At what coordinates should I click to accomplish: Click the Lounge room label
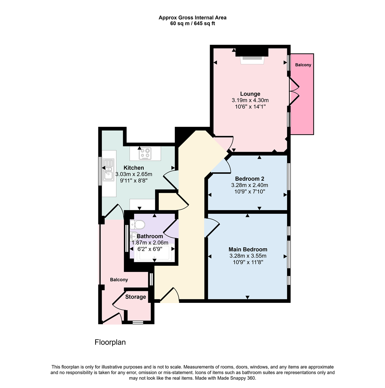coord(250,94)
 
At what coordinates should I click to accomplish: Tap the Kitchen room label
coord(134,168)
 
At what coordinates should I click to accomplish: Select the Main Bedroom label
coord(248,249)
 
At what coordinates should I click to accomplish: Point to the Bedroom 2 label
coord(249,179)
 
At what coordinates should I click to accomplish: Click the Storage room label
coord(135,297)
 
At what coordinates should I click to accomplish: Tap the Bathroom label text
coord(150,236)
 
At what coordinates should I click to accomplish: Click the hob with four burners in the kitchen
coord(145,153)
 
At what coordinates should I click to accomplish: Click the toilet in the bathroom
coord(138,225)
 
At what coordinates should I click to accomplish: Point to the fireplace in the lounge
coord(252,59)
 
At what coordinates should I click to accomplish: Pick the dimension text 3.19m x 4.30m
coord(250,101)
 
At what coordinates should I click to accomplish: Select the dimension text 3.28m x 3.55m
coord(248,256)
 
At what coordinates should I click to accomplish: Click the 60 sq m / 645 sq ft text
coord(192,24)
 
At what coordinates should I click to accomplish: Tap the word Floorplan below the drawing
coord(110,342)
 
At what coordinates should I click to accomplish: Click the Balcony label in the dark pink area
coord(303,65)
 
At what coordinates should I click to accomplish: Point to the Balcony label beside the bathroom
coord(119,280)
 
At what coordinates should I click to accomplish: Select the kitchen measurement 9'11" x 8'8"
coord(134,181)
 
